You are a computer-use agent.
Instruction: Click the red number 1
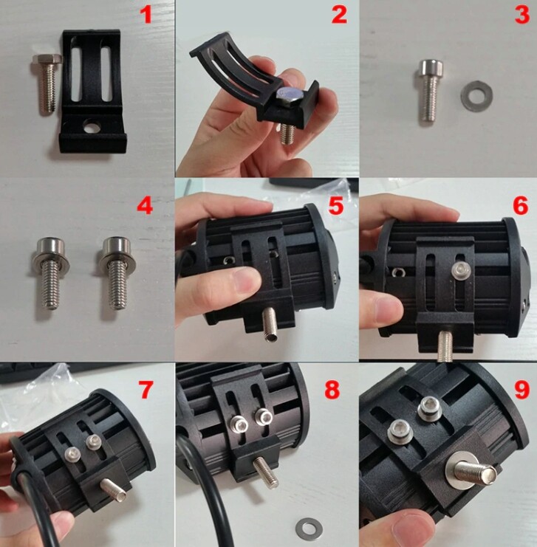[148, 16]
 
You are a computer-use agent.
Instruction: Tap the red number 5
[336, 205]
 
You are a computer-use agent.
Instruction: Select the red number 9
[521, 389]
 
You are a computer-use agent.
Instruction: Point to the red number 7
[146, 389]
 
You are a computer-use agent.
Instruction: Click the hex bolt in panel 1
[47, 83]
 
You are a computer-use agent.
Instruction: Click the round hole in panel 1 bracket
[92, 127]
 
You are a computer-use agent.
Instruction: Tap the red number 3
[522, 16]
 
